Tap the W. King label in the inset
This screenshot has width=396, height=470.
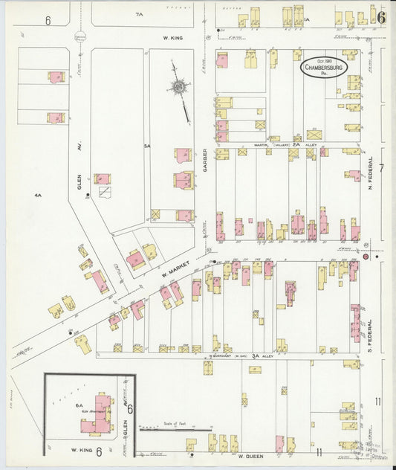[80, 451]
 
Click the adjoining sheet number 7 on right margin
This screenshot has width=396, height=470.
[381, 168]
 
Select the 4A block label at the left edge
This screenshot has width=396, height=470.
[38, 195]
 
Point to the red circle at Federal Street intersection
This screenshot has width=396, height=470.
[366, 257]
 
